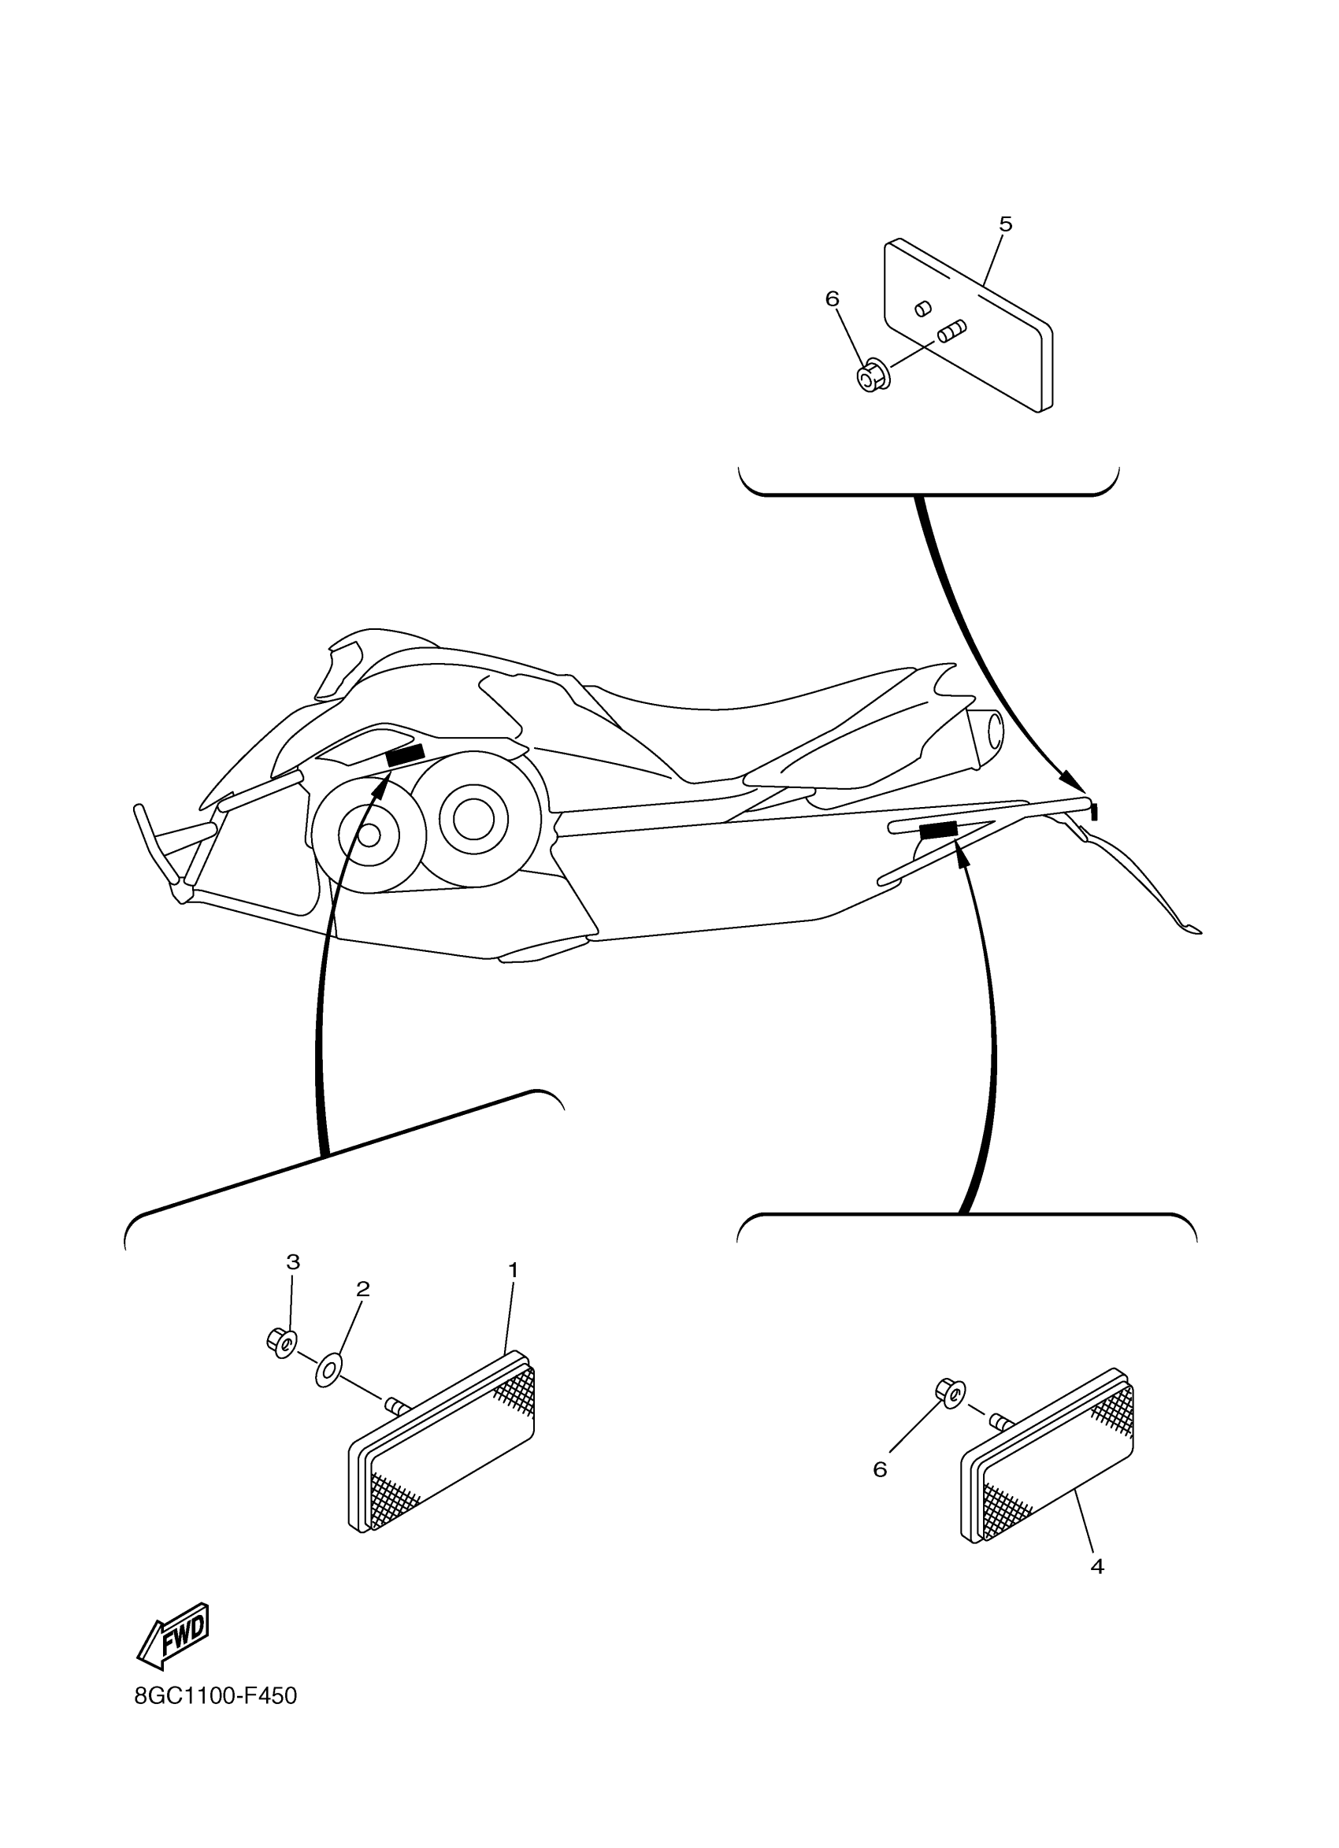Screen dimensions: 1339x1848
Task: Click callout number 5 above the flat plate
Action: (x=1005, y=224)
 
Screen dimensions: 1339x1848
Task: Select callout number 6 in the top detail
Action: (x=831, y=300)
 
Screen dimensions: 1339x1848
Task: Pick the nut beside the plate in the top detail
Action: (x=873, y=376)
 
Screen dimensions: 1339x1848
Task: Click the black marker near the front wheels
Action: (x=405, y=754)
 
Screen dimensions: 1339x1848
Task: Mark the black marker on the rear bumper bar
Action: (x=938, y=829)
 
